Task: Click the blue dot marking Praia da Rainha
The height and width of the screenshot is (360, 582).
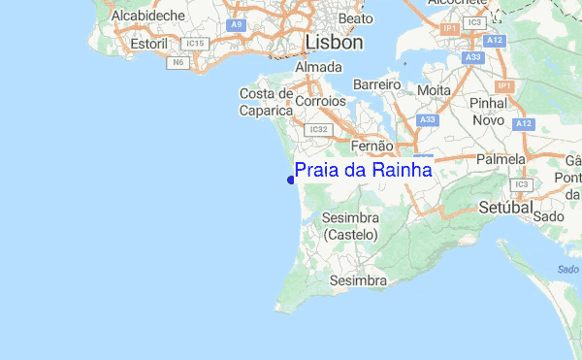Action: coord(291,179)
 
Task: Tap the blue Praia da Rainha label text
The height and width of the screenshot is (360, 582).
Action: coord(363,171)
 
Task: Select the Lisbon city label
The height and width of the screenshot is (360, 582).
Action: coord(333,43)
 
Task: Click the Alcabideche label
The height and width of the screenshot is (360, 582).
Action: coord(150,16)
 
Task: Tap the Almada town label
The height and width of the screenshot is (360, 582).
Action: coord(318,68)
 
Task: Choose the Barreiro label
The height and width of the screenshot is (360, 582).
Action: coord(377,85)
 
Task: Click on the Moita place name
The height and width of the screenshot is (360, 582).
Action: coord(433,89)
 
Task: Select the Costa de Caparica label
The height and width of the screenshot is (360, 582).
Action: coord(267,102)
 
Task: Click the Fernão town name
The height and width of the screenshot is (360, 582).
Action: coord(372,146)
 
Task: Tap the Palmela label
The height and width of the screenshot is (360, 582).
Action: coord(501,158)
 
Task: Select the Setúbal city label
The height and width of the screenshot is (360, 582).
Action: coord(506,208)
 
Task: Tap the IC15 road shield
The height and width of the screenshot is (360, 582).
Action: coord(197,44)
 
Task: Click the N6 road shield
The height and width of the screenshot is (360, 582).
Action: coord(178,62)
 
